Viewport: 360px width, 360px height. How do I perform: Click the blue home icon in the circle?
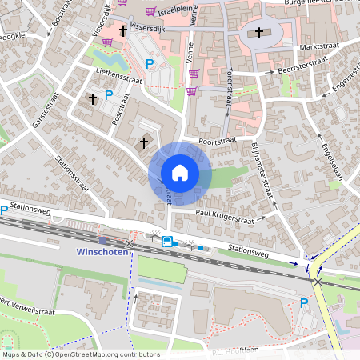click(180, 173)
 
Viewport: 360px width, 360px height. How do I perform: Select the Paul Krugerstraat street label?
click(230, 214)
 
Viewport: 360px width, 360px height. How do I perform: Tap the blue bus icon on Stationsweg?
click(167, 241)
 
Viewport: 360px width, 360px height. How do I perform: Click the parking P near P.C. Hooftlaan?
click(303, 302)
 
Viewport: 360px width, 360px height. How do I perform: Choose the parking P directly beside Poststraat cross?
click(109, 95)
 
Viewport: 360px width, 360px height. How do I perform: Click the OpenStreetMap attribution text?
click(80, 354)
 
